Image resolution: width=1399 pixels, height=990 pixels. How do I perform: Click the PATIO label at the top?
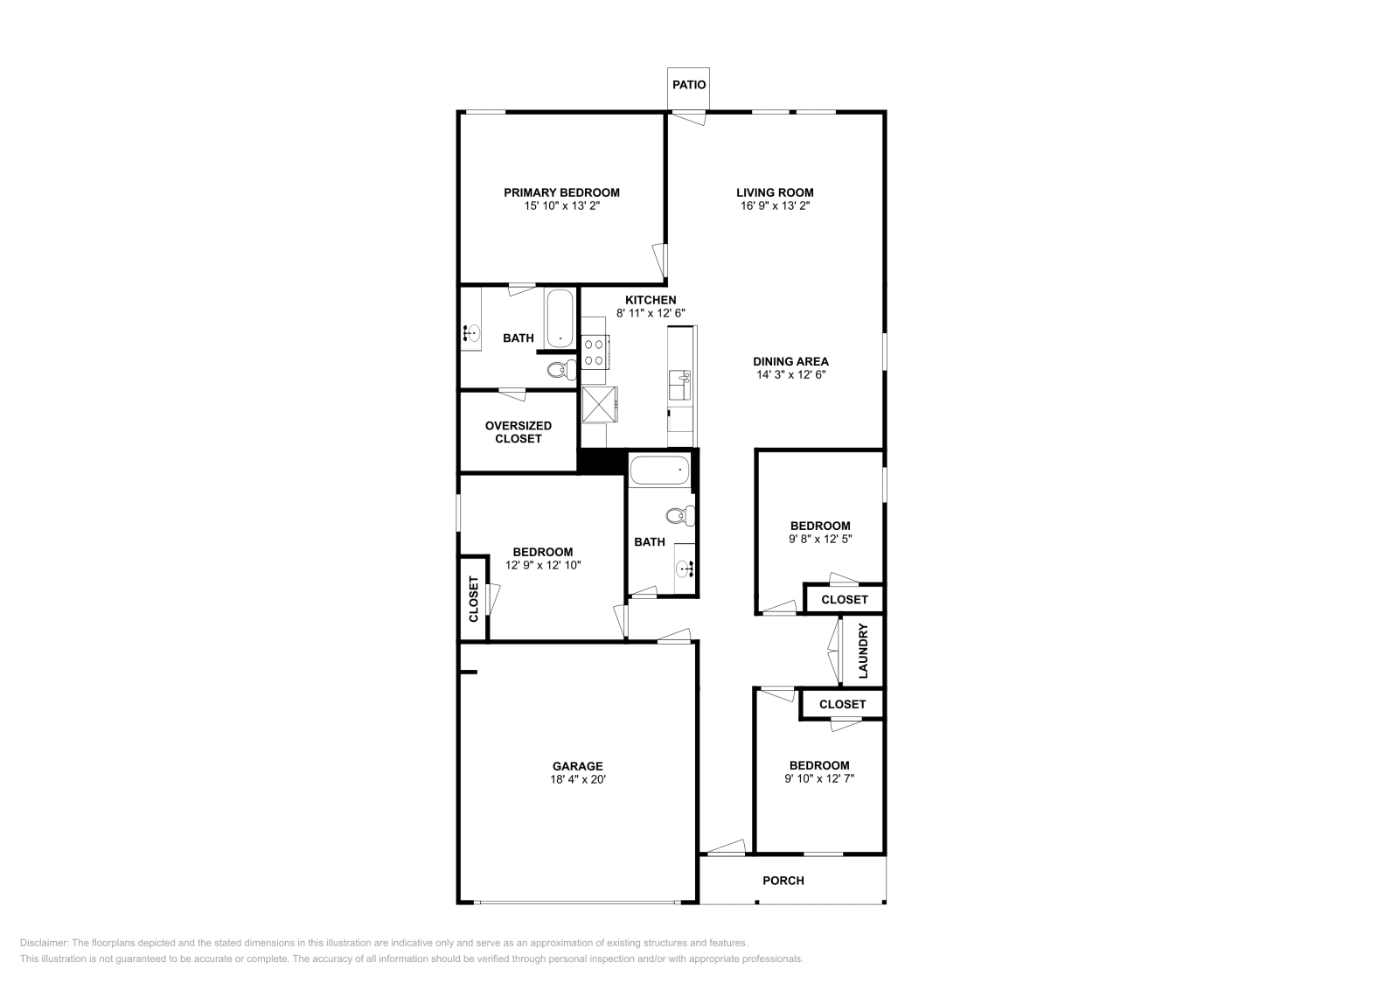click(689, 85)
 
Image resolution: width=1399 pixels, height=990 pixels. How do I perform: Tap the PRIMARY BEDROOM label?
click(561, 193)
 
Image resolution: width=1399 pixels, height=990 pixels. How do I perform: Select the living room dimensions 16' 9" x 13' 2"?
click(775, 206)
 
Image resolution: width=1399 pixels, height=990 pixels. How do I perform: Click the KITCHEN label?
click(651, 300)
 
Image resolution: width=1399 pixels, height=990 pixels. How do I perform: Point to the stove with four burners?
click(595, 353)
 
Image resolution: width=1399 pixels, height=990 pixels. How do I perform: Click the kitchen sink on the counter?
click(679, 385)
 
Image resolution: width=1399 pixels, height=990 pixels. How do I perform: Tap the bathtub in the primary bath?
click(560, 318)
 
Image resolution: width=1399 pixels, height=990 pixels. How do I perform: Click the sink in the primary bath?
click(471, 333)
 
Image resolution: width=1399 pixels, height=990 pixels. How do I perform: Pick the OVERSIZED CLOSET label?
click(519, 432)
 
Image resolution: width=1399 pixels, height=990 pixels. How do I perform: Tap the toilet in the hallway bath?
click(679, 516)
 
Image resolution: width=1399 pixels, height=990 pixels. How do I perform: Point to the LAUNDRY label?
click(863, 651)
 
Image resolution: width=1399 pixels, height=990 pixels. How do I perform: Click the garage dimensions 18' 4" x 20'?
click(578, 779)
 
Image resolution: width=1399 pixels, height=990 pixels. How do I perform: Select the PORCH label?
click(783, 881)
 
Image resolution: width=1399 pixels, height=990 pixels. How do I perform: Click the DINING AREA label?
click(790, 362)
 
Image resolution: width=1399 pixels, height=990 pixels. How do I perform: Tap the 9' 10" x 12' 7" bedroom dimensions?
click(819, 779)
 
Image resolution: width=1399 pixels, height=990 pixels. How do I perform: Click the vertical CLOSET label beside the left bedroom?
click(473, 599)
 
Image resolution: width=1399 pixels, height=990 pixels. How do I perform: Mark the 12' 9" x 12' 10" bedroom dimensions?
click(543, 565)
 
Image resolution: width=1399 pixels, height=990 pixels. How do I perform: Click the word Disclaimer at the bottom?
click(44, 943)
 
